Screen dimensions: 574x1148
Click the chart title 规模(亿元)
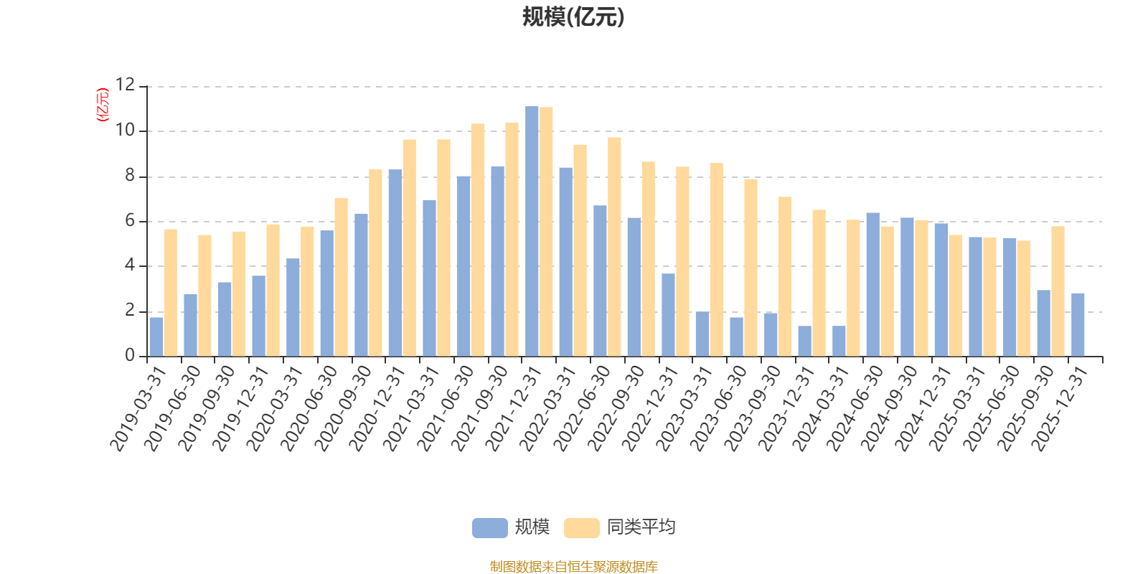point(573,17)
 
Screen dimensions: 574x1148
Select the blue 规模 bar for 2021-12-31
point(532,231)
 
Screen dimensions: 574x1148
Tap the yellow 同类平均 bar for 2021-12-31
point(546,232)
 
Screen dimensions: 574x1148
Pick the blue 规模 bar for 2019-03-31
point(156,337)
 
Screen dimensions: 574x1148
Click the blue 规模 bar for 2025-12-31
point(1078,324)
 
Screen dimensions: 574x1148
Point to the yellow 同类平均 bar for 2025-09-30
point(1058,291)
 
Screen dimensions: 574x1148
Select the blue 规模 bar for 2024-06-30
point(872,284)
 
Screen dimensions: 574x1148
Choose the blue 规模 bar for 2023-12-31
point(804,341)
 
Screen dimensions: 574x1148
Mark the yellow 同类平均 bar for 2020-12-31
point(409,248)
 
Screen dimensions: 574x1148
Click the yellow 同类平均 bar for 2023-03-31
point(717,260)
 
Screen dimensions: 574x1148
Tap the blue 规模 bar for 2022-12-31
point(668,314)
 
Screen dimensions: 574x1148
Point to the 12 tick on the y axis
point(126,85)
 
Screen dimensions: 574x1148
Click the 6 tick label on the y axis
point(129,221)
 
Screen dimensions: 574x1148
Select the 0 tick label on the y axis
point(129,356)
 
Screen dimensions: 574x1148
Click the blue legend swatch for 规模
point(489,527)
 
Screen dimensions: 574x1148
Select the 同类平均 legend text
point(641,527)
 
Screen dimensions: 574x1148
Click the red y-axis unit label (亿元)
point(102,105)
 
